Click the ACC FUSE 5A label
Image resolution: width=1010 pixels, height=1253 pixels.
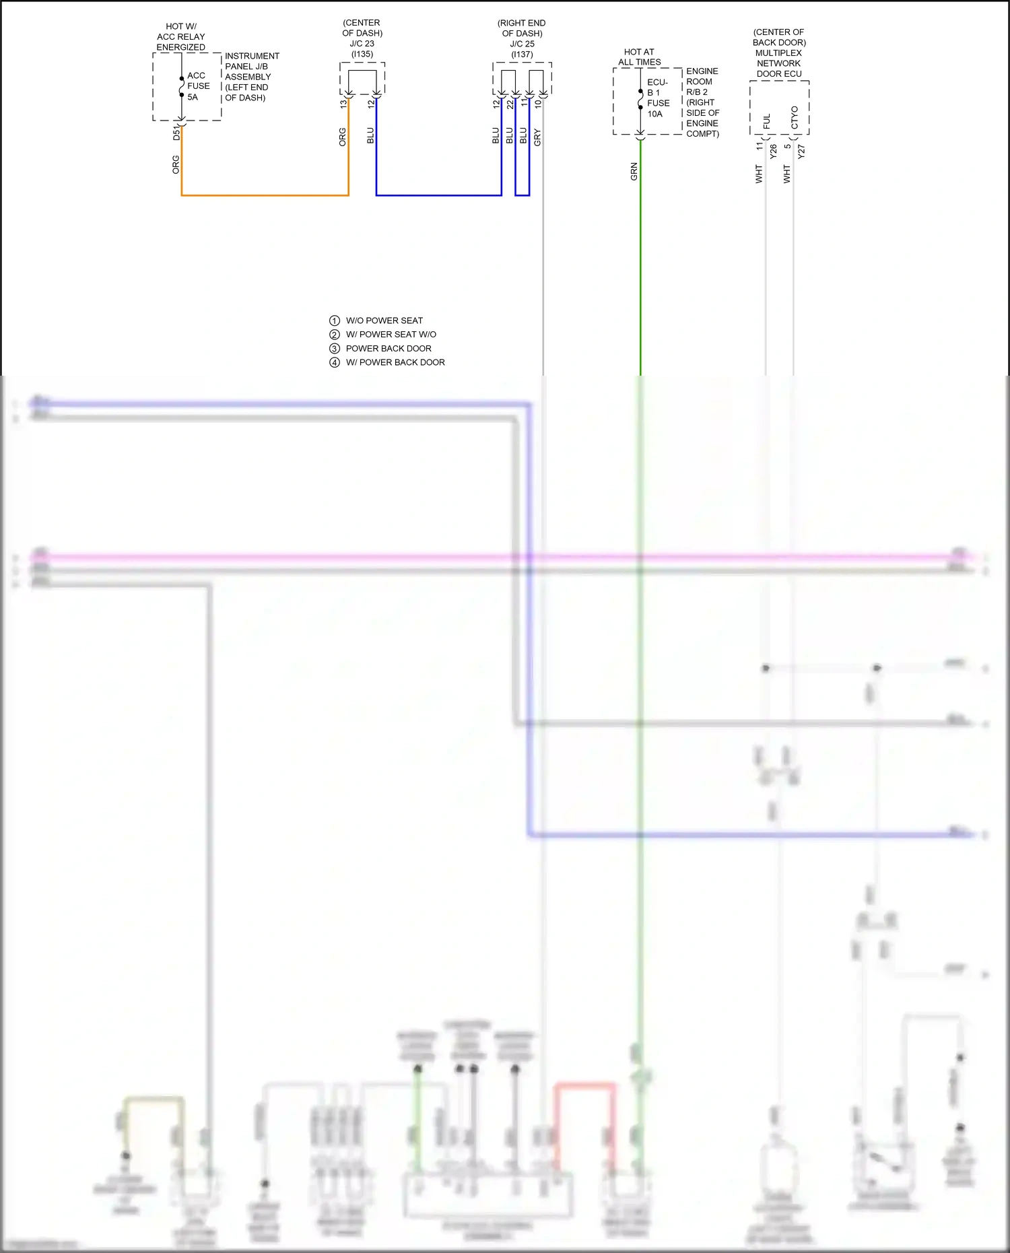pos(198,86)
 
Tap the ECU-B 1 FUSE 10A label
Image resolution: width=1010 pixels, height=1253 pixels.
pos(658,98)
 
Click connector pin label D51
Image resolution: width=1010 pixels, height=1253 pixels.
pos(176,132)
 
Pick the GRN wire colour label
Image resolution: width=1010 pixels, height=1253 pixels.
pos(634,172)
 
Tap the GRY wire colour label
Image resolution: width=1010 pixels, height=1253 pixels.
pos(537,137)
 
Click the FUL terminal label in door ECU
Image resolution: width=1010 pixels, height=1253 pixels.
pos(766,121)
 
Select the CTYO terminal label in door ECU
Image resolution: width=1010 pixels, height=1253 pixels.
pos(795,117)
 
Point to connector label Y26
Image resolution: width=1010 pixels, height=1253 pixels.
pos(773,151)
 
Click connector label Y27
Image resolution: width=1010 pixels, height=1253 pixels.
pos(801,151)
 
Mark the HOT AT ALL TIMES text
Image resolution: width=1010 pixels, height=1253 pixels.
pos(639,57)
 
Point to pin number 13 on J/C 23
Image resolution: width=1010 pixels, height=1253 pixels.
pos(343,104)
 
